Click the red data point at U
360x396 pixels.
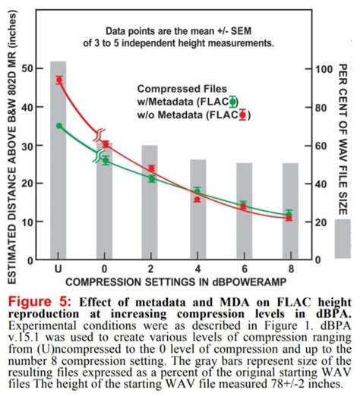pos(59,80)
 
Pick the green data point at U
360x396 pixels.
pos(59,126)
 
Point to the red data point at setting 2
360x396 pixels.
pos(151,168)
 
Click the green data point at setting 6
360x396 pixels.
pos(243,205)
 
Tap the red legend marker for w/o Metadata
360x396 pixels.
pos(242,115)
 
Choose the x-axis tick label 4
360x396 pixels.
pos(197,269)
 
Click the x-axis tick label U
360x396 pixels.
pos(58,269)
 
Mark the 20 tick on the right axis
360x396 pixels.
pos(324,222)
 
